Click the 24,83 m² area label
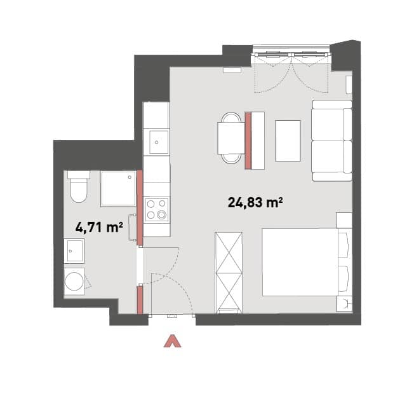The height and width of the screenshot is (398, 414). [255, 203]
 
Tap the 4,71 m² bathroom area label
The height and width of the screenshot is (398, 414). [99, 228]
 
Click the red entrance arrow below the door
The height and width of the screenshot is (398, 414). [172, 341]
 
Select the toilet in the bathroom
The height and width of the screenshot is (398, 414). [78, 186]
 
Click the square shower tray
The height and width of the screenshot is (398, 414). [118, 188]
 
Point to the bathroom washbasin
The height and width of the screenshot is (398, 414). [74, 251]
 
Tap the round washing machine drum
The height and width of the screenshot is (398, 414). [74, 282]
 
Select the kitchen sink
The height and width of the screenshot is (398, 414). [159, 142]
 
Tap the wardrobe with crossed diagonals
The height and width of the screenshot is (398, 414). [229, 272]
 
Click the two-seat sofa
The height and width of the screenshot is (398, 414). [332, 141]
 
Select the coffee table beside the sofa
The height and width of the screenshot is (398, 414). [288, 141]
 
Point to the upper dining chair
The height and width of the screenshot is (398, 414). [231, 117]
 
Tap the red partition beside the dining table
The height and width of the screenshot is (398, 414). [248, 141]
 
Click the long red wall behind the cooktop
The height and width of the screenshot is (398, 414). [140, 208]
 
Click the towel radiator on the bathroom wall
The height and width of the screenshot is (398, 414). [131, 228]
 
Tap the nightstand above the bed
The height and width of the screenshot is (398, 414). [344, 220]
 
